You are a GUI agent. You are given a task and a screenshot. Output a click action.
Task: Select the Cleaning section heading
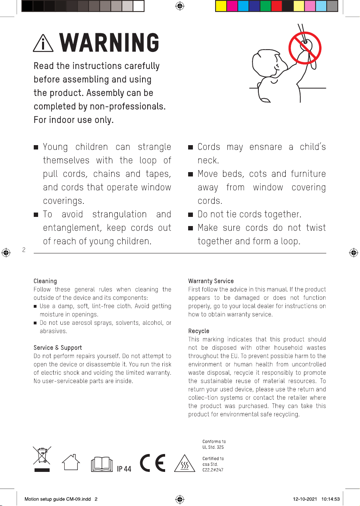click(45, 281)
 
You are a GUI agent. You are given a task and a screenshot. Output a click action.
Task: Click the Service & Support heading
click(58, 348)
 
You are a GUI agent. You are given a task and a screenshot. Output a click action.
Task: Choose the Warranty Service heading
click(211, 281)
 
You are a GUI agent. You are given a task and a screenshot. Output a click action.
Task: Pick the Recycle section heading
click(198, 331)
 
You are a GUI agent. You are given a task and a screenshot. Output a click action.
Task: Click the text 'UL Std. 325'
click(213, 447)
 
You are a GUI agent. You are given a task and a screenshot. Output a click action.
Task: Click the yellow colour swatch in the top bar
click(221, 6)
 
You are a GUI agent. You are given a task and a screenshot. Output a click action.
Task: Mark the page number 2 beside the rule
click(24, 250)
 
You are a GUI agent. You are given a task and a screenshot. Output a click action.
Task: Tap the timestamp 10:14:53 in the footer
click(331, 499)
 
